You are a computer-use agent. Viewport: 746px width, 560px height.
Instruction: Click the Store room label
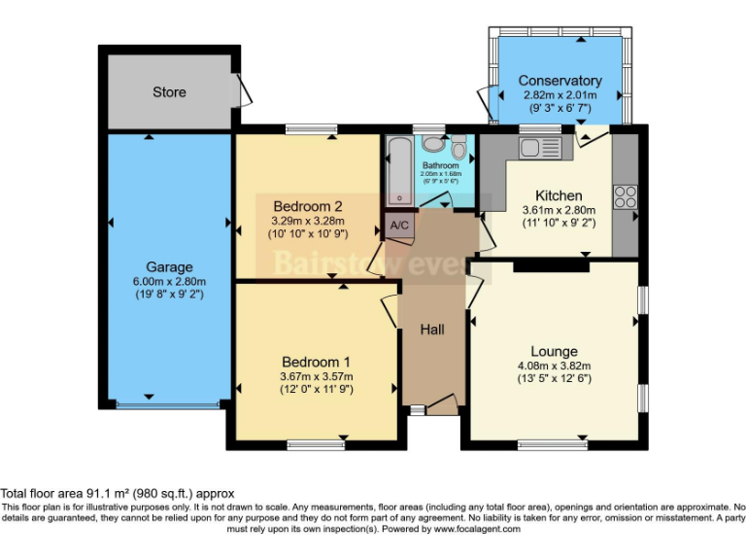point(169,92)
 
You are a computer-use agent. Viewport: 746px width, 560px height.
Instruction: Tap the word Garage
point(169,266)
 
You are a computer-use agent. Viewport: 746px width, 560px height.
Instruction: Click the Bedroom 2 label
point(307,206)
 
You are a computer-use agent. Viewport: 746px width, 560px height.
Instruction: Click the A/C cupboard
point(399,226)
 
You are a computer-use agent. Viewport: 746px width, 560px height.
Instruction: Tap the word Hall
point(432,330)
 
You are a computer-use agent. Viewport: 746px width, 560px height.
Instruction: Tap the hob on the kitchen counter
point(626,196)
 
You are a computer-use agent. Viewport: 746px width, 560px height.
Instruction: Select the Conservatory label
point(559,81)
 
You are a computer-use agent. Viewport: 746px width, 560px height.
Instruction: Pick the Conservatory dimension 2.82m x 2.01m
point(559,95)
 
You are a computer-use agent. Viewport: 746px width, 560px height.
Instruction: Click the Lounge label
point(554,351)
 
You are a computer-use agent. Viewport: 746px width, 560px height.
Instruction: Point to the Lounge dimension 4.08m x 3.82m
point(554,367)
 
